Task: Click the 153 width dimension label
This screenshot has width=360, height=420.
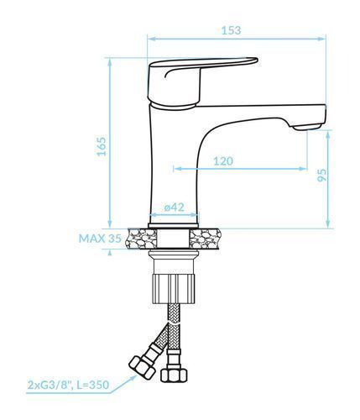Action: (231, 30)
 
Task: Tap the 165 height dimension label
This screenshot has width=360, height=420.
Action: (101, 146)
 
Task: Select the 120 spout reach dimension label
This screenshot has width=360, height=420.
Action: (223, 161)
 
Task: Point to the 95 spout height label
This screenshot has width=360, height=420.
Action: (322, 175)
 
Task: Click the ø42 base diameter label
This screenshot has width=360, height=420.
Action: (175, 207)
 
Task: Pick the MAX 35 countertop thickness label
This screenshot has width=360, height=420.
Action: (100, 239)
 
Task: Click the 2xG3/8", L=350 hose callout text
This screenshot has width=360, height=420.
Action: (68, 385)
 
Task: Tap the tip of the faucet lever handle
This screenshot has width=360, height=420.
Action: (257, 60)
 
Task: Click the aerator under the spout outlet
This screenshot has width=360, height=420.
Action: (307, 128)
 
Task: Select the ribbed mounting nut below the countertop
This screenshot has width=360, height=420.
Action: (174, 289)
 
